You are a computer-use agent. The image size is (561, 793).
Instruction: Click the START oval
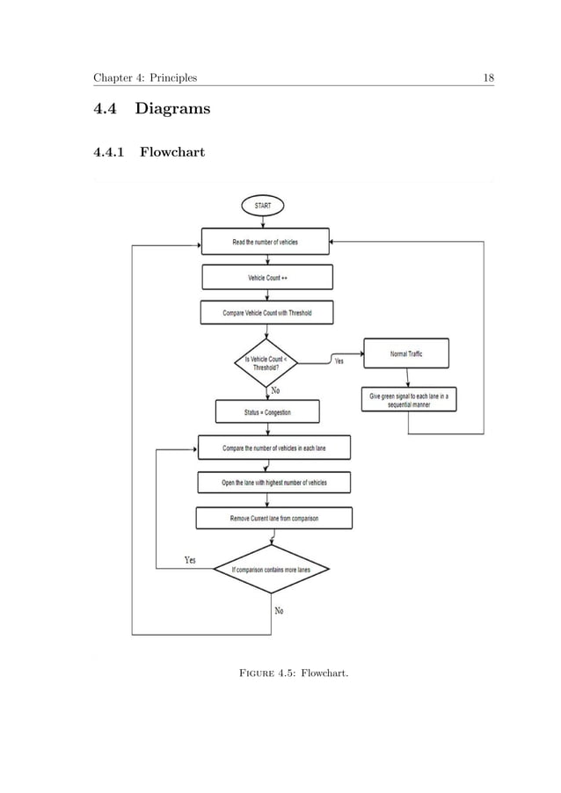tap(263, 205)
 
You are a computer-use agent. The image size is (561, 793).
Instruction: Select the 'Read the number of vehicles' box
tap(265, 241)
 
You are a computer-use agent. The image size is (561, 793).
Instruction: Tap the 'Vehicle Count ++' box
tap(267, 278)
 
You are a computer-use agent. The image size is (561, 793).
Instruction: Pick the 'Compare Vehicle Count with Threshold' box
tap(267, 313)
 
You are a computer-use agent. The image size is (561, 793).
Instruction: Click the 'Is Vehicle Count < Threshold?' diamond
tap(266, 363)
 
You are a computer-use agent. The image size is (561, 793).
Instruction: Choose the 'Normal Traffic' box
tap(405, 353)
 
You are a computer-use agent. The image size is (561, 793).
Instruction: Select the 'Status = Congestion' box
tap(266, 411)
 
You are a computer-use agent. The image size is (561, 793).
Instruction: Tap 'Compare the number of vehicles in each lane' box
tap(274, 447)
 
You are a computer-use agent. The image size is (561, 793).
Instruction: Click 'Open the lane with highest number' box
tap(274, 483)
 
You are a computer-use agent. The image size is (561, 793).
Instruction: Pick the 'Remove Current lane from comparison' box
tap(274, 518)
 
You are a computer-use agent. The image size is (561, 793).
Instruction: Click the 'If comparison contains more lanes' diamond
tap(271, 569)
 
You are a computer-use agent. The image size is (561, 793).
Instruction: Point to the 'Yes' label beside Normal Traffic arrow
tap(339, 361)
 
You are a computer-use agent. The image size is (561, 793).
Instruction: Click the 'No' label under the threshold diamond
tap(275, 389)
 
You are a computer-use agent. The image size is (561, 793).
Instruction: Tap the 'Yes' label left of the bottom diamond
tap(189, 559)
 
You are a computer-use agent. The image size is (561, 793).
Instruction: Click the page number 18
tap(489, 77)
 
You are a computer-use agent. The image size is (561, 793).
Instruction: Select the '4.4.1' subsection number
tap(110, 154)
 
